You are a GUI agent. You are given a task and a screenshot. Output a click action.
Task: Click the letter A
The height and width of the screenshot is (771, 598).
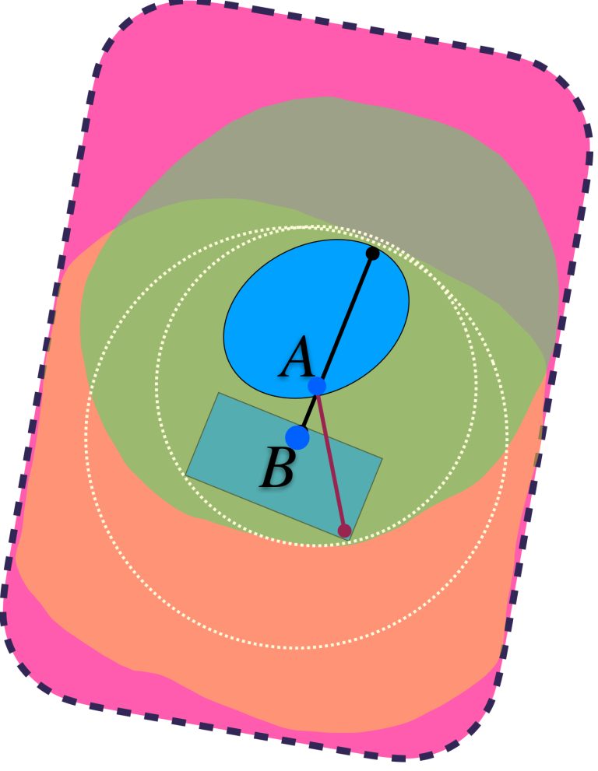(297, 357)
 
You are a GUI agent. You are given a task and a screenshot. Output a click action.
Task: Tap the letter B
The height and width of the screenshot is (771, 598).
(277, 467)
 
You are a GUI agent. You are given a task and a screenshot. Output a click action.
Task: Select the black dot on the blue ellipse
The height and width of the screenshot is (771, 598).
(372, 254)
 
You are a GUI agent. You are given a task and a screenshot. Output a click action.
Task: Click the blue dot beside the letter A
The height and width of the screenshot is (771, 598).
(317, 386)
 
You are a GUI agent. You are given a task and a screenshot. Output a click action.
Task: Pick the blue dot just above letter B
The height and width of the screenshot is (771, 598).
(297, 437)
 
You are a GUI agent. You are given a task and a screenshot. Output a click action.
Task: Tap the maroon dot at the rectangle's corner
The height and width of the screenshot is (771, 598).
(344, 531)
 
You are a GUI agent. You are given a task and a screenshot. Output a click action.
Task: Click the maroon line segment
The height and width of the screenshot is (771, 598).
(331, 458)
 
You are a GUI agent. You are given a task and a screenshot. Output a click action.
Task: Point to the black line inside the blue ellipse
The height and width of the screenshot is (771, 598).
(345, 320)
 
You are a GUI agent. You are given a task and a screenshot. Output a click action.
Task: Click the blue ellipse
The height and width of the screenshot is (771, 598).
(316, 319)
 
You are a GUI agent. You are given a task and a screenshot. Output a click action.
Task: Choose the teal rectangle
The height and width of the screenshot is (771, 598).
(284, 466)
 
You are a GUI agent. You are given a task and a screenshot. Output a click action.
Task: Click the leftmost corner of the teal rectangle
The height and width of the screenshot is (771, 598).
(186, 475)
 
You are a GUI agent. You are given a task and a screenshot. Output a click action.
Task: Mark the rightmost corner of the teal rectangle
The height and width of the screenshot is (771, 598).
(382, 459)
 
